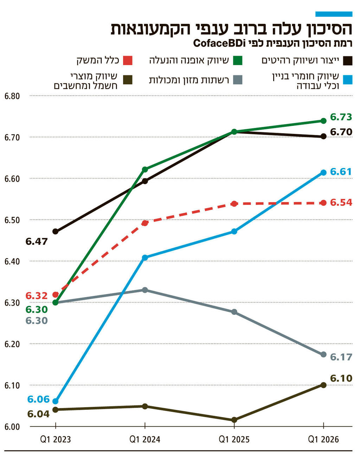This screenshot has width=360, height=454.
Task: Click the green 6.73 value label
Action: click(x=341, y=117)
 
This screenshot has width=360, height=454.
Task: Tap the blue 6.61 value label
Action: click(x=341, y=171)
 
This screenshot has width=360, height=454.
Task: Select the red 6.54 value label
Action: click(x=341, y=202)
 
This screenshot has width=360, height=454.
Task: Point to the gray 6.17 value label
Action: click(x=341, y=357)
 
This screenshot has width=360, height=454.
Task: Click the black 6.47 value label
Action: click(x=37, y=241)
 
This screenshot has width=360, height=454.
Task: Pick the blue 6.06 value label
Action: click(x=38, y=399)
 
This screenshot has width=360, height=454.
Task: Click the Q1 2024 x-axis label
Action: click(x=144, y=439)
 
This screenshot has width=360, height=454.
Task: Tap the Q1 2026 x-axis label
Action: click(x=323, y=439)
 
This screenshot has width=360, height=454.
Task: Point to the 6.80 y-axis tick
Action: click(x=12, y=96)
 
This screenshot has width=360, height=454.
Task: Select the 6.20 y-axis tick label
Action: click(x=12, y=344)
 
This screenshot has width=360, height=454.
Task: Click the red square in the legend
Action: click(x=128, y=60)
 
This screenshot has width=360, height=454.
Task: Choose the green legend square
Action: click(x=238, y=60)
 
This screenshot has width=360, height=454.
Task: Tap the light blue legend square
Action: click(x=347, y=80)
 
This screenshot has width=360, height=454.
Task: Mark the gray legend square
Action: click(x=238, y=80)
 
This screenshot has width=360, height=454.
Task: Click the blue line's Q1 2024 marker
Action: click(x=145, y=258)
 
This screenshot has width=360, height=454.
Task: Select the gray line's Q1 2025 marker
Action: click(x=234, y=312)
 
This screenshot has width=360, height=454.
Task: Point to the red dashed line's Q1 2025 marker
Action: click(x=234, y=204)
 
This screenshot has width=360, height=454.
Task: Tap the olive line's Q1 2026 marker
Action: click(x=323, y=385)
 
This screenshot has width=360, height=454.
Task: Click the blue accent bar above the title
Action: click(x=334, y=14)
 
